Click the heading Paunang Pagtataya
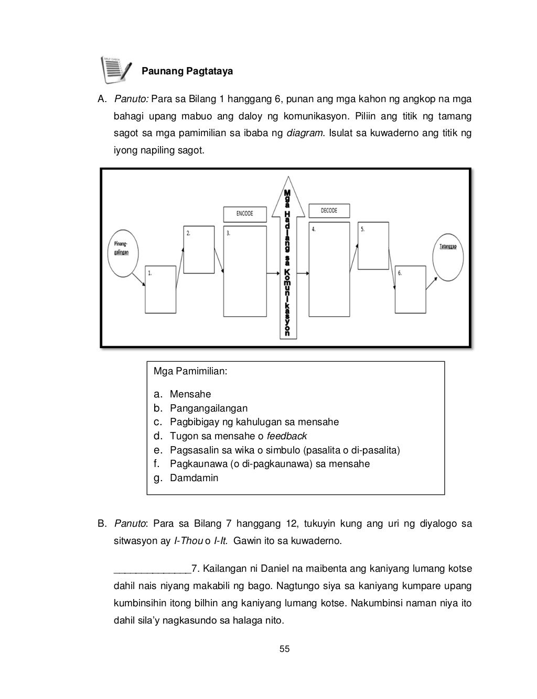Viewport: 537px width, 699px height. coord(188,71)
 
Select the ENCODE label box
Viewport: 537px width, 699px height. coord(244,214)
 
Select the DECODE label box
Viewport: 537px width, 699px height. coord(329,210)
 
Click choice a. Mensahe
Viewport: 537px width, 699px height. coord(190,394)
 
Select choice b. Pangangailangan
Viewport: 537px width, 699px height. coord(208,408)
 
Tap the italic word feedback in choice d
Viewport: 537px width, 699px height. coord(287,436)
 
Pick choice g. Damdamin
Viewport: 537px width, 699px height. coord(194,478)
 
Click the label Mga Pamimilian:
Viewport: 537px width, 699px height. coord(190,372)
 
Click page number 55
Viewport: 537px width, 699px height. coord(284,649)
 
